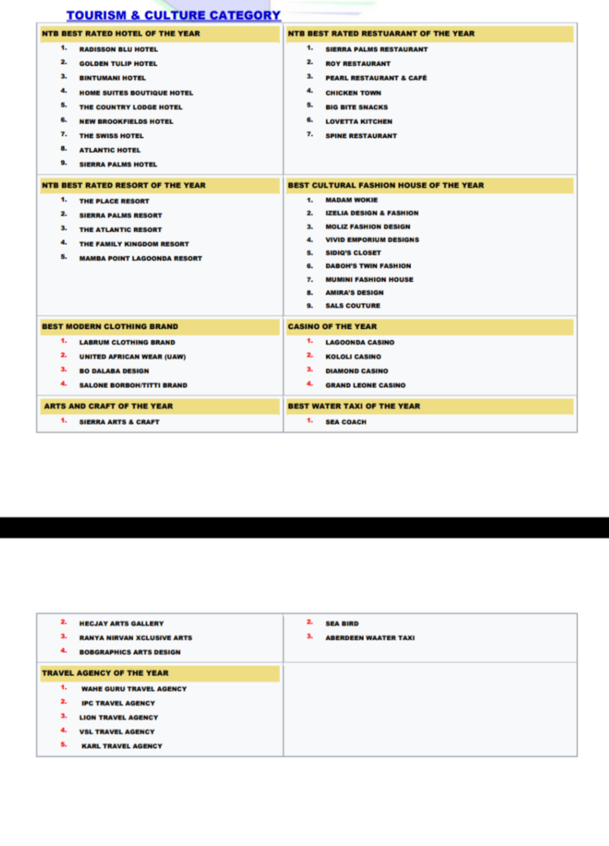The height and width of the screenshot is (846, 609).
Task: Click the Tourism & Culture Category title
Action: click(173, 16)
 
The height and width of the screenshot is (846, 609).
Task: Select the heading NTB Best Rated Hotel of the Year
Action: click(120, 34)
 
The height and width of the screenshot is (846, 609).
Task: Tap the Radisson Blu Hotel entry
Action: click(118, 50)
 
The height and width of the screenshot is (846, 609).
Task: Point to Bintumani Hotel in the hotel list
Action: click(112, 78)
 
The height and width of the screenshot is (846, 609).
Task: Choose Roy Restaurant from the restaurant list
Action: click(357, 64)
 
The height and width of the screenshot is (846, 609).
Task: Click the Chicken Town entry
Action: click(353, 93)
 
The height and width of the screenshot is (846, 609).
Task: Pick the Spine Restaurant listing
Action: click(361, 135)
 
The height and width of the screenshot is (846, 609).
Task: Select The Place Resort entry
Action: click(114, 201)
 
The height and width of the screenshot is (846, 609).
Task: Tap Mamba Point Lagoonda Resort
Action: click(140, 258)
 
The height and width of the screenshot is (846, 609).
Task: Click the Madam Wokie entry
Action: click(352, 200)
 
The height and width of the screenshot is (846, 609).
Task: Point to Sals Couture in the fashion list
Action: click(353, 306)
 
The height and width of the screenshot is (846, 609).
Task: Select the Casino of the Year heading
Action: click(332, 326)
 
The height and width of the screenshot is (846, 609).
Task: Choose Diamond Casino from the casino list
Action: click(356, 371)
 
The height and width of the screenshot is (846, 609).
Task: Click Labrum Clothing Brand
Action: click(127, 342)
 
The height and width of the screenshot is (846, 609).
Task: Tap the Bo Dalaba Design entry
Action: click(114, 371)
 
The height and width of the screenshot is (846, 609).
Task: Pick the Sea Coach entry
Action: click(346, 421)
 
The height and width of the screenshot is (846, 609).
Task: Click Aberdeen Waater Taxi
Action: click(370, 638)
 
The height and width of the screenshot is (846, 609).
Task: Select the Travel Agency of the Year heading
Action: click(105, 673)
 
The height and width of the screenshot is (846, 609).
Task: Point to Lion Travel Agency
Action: click(118, 717)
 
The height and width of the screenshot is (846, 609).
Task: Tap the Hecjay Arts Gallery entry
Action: click(121, 624)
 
